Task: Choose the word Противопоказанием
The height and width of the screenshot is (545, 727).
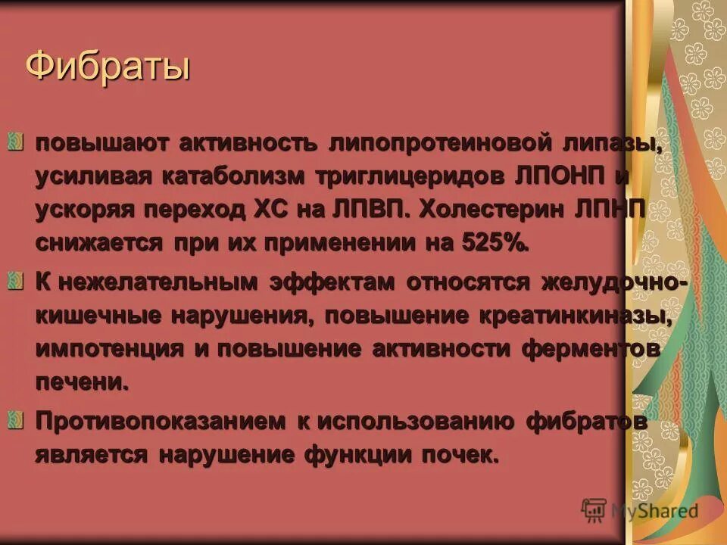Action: point(158,421)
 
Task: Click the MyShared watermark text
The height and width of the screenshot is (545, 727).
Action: point(654,511)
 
